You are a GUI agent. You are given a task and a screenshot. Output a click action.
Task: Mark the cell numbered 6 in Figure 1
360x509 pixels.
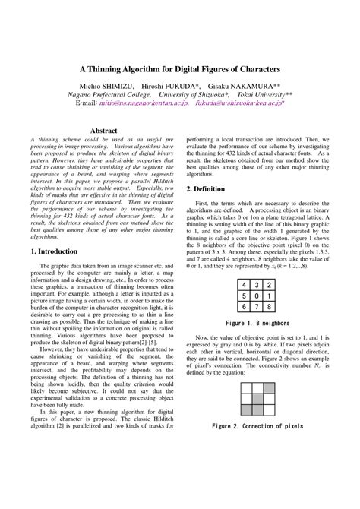[x=245, y=306]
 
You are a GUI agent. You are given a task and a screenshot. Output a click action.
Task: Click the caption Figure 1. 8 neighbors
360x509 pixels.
[x=259, y=322]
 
